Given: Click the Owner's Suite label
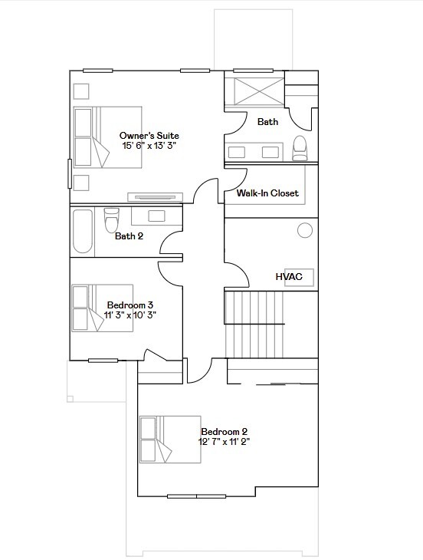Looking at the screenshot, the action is (149, 136).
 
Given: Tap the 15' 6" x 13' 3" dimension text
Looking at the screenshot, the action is (149, 146).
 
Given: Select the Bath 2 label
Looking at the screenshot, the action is (129, 236).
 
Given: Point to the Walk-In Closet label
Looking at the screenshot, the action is (267, 193).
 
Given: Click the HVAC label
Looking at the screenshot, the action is (289, 276).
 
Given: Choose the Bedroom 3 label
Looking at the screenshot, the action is (130, 305).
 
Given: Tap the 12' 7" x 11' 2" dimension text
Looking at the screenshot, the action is (224, 442).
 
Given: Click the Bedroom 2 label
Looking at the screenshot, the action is (224, 432).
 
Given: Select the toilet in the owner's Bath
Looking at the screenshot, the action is (300, 148).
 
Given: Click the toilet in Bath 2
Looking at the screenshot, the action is (111, 220).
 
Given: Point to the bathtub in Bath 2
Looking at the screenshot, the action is (83, 232).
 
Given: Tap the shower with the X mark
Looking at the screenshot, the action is (259, 92).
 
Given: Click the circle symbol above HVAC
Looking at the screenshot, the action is (305, 230).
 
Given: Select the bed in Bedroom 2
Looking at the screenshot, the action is (170, 440).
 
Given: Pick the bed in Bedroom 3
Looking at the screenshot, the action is (103, 308).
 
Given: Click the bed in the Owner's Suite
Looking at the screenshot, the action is (108, 137).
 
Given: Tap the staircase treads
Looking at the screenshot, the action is (254, 324).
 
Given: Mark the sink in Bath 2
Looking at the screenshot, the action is (157, 216).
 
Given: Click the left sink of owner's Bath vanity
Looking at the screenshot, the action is (237, 152).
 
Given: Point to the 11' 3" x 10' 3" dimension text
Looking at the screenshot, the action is (130, 315).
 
